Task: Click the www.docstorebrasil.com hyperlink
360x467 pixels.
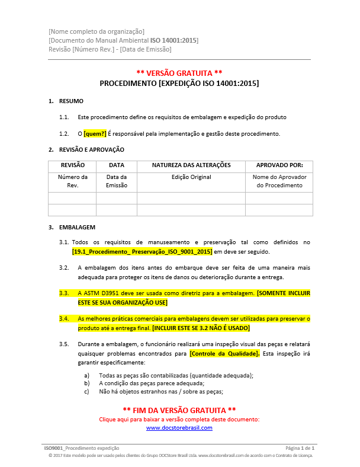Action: [179, 427]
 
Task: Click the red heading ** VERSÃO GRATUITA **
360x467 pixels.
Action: [179, 72]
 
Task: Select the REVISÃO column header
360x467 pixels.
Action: [72, 165]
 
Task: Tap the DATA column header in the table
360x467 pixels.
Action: [117, 165]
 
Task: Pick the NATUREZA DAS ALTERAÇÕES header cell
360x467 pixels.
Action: [191, 165]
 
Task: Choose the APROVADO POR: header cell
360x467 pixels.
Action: [279, 165]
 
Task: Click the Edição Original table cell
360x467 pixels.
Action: [191, 177]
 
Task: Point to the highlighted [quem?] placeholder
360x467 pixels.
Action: [95, 133]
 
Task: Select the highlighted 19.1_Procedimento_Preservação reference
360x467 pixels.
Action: [142, 252]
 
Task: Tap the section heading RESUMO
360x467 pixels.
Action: [71, 101]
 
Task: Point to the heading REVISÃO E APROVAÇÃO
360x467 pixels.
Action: [92, 149]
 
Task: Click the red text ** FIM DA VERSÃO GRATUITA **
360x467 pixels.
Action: [179, 410]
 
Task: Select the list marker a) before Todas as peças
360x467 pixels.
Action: [88, 375]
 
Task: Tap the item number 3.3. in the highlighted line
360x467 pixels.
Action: [64, 293]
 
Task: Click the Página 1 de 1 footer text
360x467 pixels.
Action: [300, 448]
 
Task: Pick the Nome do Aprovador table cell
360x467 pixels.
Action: [279, 181]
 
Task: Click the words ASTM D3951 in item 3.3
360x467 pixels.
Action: [107, 293]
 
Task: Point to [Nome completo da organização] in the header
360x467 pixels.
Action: [97, 31]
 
